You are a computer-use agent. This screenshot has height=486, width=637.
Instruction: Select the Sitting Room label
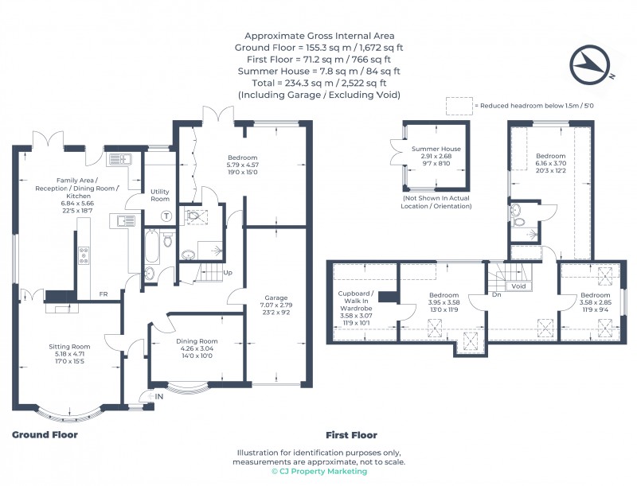(69, 347)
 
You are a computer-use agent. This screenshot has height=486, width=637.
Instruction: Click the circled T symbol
(166, 216)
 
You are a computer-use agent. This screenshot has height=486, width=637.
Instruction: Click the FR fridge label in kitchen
(104, 294)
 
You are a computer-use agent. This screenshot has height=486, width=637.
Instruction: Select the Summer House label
(436, 150)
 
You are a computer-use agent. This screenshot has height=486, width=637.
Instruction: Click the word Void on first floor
(518, 286)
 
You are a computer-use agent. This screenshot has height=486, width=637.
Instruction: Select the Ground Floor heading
(45, 435)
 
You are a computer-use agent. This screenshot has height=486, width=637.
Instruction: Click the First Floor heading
(351, 435)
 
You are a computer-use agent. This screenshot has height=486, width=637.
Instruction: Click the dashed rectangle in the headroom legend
(458, 105)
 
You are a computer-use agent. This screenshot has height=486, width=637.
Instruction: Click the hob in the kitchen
(84, 256)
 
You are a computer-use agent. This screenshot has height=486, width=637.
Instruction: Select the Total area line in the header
(318, 83)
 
